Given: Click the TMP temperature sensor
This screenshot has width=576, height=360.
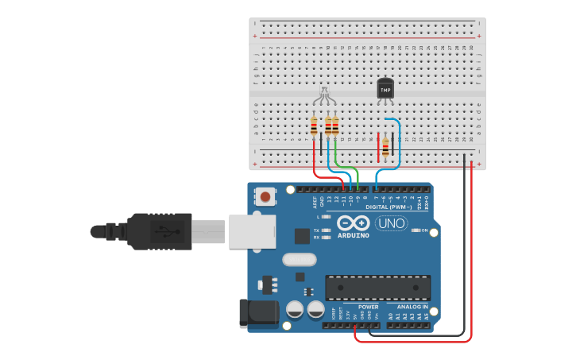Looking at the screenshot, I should click(385, 89).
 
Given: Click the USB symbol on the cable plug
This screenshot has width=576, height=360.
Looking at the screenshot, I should click(164, 231).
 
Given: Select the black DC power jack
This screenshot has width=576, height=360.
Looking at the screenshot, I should click(259, 311).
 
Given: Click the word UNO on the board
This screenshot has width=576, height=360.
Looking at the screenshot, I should click(390, 223).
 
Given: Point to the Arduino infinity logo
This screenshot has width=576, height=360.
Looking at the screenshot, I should click(354, 223).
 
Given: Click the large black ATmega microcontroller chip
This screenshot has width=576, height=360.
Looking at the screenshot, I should click(378, 287).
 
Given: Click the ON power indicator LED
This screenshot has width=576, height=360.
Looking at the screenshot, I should click(414, 230).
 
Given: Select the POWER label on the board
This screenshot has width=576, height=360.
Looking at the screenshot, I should click(368, 306).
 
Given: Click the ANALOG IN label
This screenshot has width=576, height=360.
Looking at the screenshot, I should click(408, 306).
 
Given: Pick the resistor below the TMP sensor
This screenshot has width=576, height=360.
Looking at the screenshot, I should click(386, 146).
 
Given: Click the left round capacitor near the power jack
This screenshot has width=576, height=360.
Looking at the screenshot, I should click(294, 309).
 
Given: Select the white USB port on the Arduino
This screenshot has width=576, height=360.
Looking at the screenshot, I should click(252, 230).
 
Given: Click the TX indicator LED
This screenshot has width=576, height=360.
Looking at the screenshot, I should click(326, 230).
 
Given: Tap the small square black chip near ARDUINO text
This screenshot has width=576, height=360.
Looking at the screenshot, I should click(302, 235).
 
